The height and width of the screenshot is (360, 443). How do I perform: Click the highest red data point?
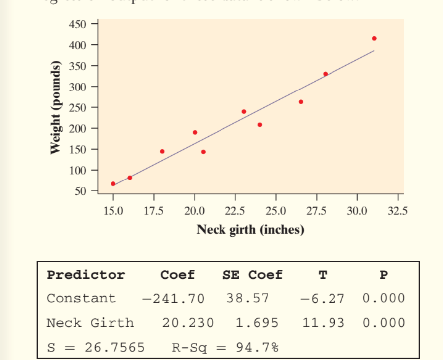(374, 38)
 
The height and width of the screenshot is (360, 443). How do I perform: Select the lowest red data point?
(113, 184)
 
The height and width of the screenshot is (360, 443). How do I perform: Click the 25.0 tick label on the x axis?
(276, 211)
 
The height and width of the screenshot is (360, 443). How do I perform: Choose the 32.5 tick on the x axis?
(397, 211)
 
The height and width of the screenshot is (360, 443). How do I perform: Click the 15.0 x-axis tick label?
(113, 211)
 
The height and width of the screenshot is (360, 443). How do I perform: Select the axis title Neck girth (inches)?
(250, 230)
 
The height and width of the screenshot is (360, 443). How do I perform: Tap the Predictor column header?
(86, 275)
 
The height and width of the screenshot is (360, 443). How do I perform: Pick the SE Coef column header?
(252, 275)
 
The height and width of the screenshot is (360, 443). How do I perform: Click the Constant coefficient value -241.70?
(173, 299)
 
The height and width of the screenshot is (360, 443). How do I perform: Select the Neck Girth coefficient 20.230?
(188, 323)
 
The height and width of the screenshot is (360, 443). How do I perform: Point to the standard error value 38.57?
(248, 299)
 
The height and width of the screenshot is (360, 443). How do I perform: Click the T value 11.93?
(323, 323)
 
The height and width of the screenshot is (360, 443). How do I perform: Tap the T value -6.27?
(322, 299)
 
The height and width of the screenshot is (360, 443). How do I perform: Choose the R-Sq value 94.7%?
(257, 347)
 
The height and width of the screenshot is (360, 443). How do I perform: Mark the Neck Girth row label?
(90, 323)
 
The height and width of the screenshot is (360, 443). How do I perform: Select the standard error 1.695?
(257, 323)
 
